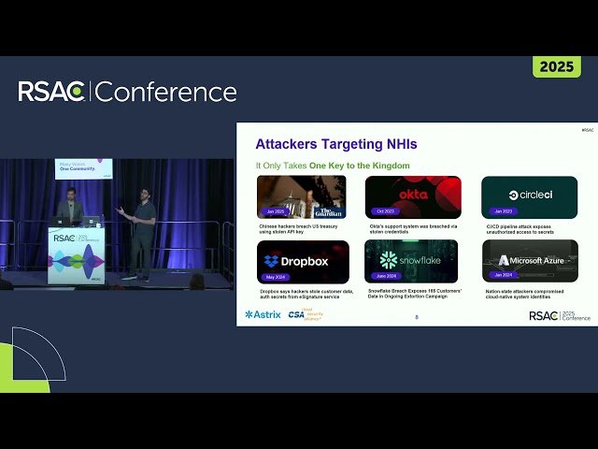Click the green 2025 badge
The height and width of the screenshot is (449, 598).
click(557, 67)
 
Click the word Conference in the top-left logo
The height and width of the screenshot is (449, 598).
click(166, 92)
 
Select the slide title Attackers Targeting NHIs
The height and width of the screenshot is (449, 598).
click(335, 144)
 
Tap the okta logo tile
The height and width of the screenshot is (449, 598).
click(413, 196)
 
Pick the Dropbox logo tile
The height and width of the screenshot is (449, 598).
click(304, 262)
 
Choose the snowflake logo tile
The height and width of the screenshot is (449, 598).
click(413, 262)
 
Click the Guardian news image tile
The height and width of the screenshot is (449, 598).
click(302, 196)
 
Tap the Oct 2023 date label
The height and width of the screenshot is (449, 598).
click(384, 211)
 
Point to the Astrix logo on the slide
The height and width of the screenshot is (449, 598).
click(263, 314)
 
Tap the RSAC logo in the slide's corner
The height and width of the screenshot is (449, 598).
click(560, 315)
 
